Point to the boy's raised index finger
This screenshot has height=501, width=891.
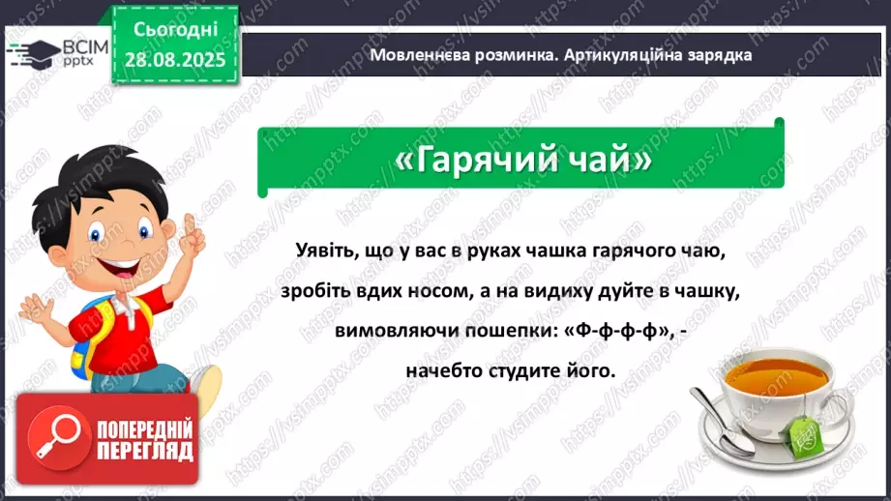point(190,225)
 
